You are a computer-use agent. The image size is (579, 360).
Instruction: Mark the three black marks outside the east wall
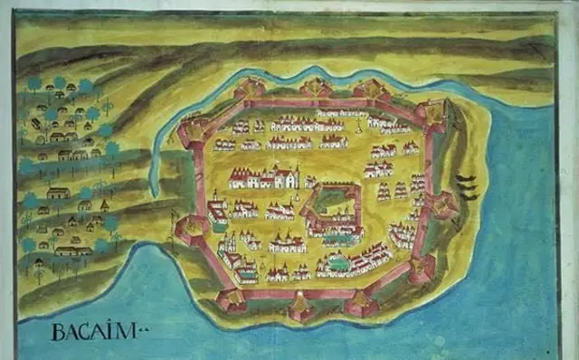pyautogui.click(x=467, y=186)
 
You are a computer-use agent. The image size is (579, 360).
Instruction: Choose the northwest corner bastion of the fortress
pyautogui.click(x=192, y=132)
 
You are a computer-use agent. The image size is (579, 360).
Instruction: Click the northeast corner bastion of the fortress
pyautogui.click(x=432, y=111)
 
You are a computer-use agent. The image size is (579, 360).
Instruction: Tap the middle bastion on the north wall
pyautogui.click(x=315, y=88)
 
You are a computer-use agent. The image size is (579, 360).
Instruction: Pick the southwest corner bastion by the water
pyautogui.click(x=233, y=300)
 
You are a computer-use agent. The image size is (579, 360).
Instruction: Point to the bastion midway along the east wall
pyautogui.click(x=441, y=204)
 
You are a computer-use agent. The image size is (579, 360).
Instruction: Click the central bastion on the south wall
pyautogui.click(x=300, y=308)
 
